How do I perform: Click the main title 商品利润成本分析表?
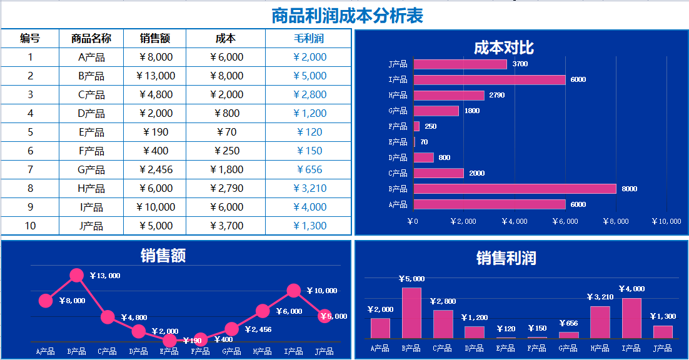[x=347, y=16]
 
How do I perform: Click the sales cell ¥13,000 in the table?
[x=155, y=76]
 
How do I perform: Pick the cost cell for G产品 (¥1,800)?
[x=226, y=170]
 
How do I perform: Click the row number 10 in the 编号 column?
[x=30, y=226]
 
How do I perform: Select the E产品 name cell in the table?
[x=91, y=132]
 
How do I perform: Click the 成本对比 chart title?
[x=503, y=47]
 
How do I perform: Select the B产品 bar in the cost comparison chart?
[x=515, y=189]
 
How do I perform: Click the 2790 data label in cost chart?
[x=497, y=96]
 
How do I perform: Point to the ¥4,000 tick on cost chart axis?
[x=515, y=221]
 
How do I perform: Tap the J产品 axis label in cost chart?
[x=398, y=64]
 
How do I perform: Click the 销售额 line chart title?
[x=163, y=255]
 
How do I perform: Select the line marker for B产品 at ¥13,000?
[x=76, y=275]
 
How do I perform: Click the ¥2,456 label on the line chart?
[x=258, y=329]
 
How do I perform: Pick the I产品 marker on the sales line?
[x=294, y=290]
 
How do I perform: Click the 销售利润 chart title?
[x=506, y=258]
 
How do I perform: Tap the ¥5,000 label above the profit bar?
[x=412, y=279]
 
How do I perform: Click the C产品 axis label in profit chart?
[x=443, y=349]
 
